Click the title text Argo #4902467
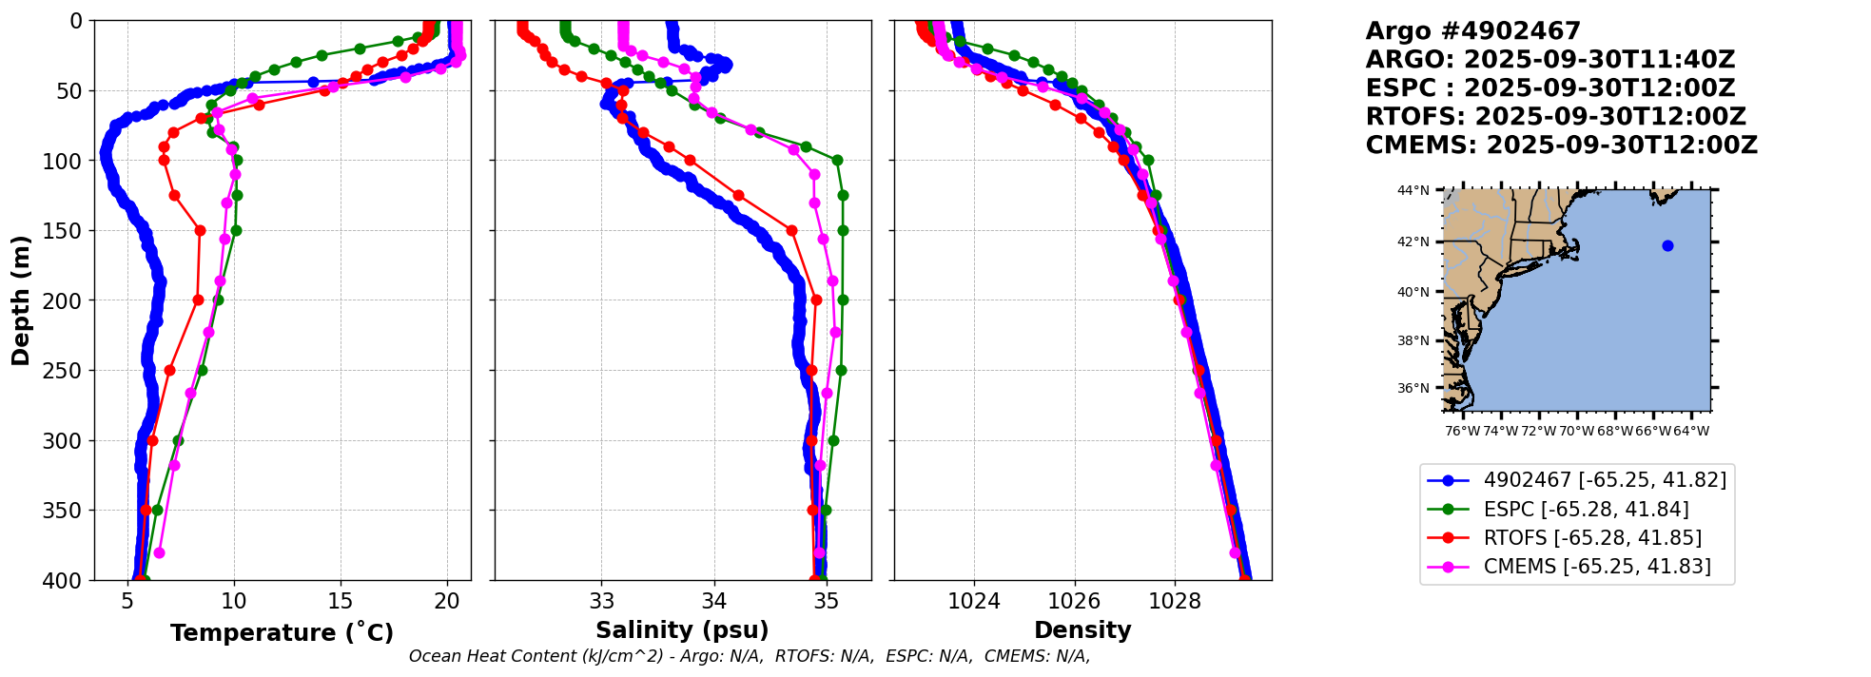1472,31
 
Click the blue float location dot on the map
1667,246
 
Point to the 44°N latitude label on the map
1413,191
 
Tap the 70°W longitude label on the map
1576,431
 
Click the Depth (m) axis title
21,300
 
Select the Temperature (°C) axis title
282,633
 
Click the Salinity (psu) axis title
682,630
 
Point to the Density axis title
1082,630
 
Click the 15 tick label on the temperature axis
340,601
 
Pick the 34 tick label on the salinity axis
714,601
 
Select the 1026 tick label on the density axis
1074,601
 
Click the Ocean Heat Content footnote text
750,656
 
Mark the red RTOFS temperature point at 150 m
200,230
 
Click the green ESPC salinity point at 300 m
833,440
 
